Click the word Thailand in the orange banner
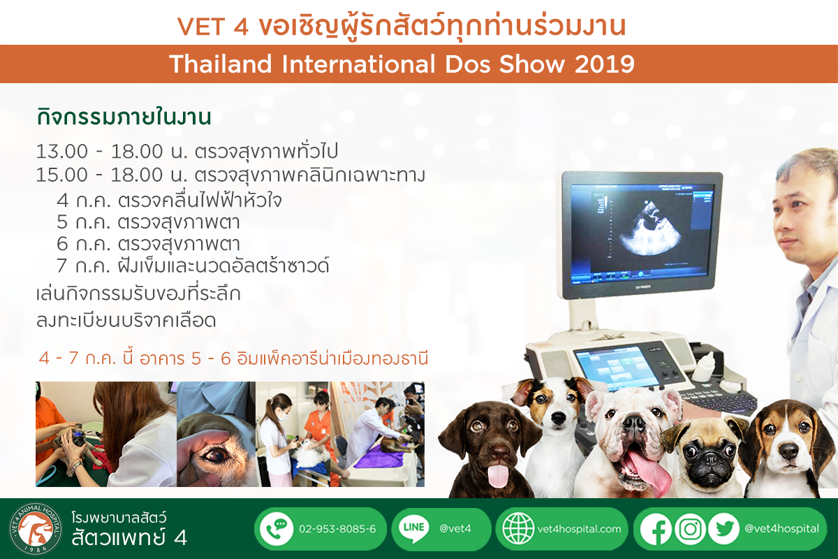(221, 64)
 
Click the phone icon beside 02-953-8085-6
(277, 529)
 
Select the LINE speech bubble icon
(413, 529)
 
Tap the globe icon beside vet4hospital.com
(518, 529)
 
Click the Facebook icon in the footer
(656, 529)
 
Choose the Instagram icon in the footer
(690, 529)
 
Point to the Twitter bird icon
(723, 529)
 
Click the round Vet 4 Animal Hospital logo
(36, 529)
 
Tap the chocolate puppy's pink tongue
(498, 476)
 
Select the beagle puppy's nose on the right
(789, 451)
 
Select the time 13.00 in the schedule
(62, 152)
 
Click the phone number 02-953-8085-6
(337, 529)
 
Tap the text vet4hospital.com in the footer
(579, 529)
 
